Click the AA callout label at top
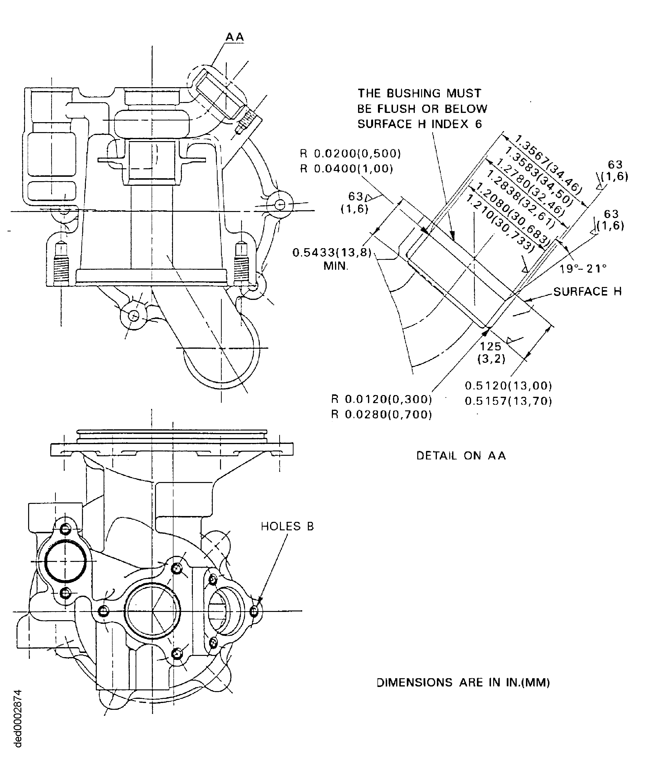pos(235,37)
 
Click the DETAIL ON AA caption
pos(461,456)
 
